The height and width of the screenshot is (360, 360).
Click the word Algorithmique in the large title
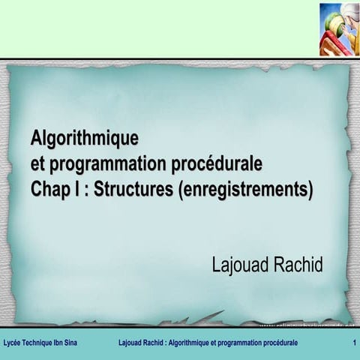tap(85, 139)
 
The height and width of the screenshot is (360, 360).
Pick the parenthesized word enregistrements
tap(246, 187)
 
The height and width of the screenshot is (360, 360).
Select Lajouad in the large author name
tap(240, 265)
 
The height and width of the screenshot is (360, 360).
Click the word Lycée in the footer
tap(12, 343)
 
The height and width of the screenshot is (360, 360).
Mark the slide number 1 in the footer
tap(353, 343)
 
